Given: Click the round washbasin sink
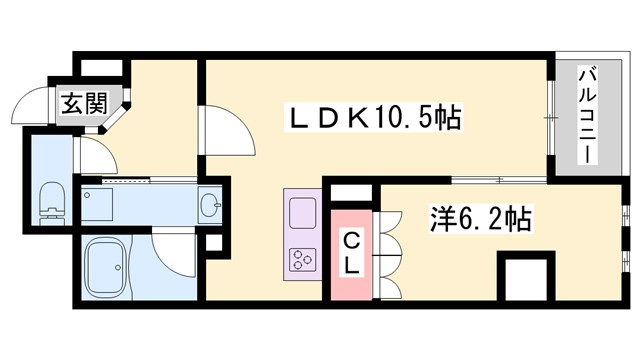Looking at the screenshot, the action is coord(211,206).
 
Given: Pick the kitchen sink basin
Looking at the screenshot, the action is coord(302,213).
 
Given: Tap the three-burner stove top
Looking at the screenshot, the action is coord(302,259).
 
